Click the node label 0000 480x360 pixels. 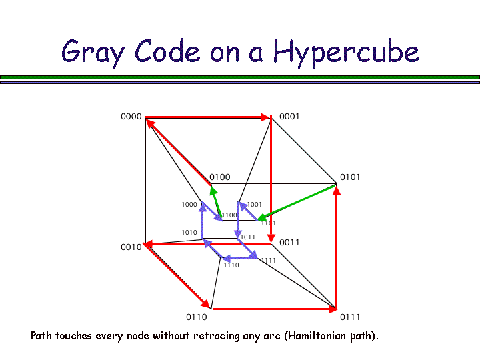pos(131,117)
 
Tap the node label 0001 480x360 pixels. pos(289,117)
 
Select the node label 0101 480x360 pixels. pos(349,177)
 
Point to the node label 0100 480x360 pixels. pos(220,177)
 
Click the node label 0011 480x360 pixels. pos(289,243)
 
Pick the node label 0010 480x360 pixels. pos(131,247)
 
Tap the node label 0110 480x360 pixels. pos(196,317)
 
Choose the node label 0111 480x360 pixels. pos(350,317)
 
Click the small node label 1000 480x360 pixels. pos(189,205)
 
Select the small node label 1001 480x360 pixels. pos(255,205)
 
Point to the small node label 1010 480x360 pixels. pos(189,233)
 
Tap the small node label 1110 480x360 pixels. pos(231,265)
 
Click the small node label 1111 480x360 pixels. pos(269,261)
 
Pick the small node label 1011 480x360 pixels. pos(248,237)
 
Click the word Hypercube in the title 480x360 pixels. pos(346,52)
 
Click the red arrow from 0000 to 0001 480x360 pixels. pos(207,117)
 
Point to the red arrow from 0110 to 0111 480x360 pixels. pos(273,309)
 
